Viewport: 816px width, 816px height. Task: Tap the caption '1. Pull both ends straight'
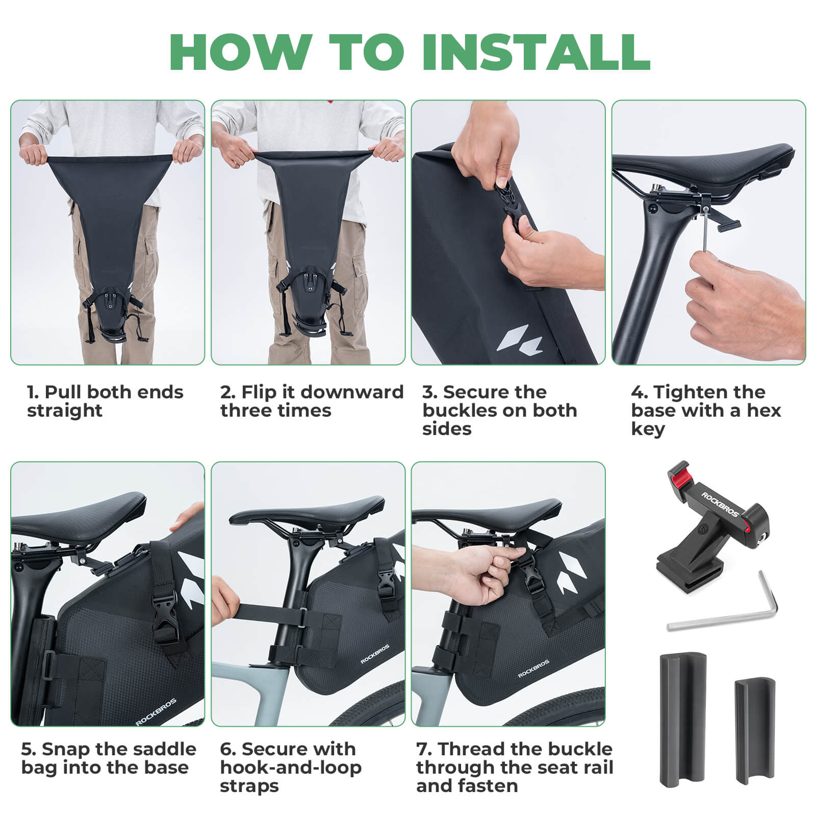tap(105, 401)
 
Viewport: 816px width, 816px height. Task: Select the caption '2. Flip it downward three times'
tap(311, 401)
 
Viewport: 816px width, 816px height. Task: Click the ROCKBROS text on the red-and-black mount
tap(719, 504)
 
